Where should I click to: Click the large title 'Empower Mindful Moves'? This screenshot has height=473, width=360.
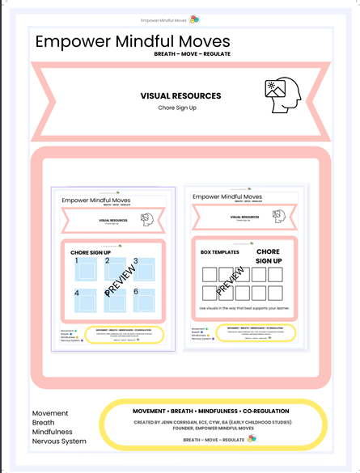[133, 41]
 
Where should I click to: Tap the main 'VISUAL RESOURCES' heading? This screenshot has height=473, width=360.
[178, 95]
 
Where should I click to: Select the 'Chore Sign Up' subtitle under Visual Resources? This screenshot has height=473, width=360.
[178, 108]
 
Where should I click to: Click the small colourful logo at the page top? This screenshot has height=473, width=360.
[194, 19]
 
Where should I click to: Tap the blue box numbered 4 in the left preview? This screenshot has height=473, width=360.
[84, 301]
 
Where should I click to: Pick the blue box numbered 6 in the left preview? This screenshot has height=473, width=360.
[142, 301]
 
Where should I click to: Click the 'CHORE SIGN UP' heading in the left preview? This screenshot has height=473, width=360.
[91, 253]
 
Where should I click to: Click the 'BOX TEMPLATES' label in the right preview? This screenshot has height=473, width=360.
[220, 253]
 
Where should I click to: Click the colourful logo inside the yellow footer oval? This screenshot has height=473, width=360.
[252, 438]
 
